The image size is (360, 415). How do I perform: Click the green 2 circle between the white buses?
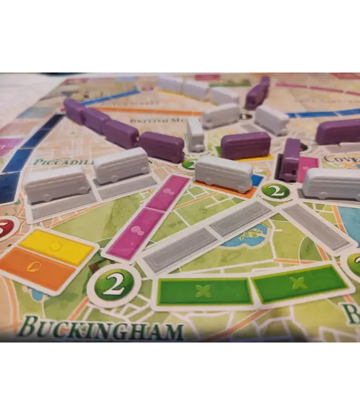click(275, 191)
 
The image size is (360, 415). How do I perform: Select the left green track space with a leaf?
click(204, 291)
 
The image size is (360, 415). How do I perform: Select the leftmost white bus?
click(56, 184)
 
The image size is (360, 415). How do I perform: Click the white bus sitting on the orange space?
click(224, 173)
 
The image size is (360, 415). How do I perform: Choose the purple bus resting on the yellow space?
click(245, 145)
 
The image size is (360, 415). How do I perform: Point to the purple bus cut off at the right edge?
click(338, 132)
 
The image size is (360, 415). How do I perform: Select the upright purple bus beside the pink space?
click(290, 159)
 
